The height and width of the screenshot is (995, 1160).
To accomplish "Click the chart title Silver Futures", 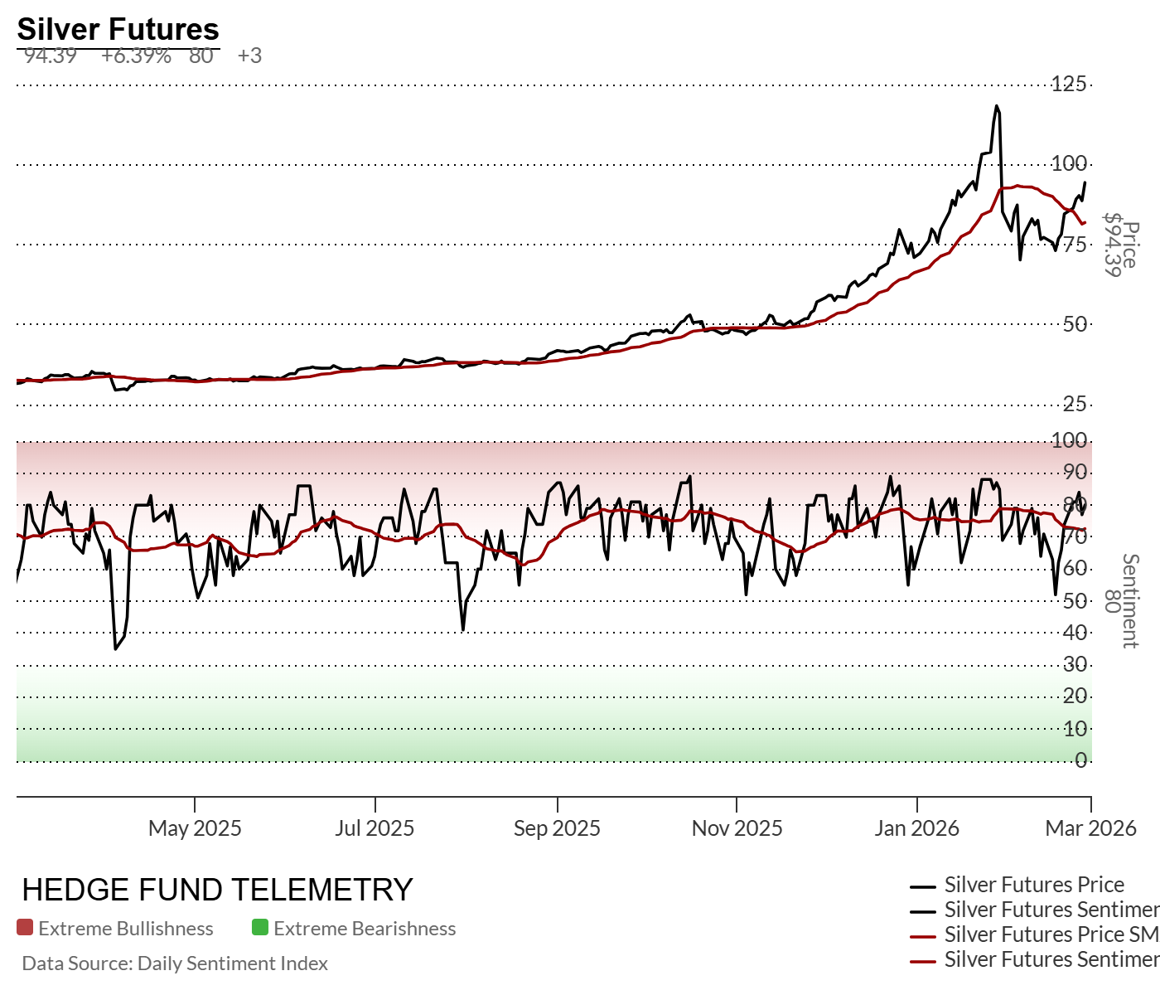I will (118, 29).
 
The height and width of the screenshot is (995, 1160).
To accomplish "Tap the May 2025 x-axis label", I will (195, 828).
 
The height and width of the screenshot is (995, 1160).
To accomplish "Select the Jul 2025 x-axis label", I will (375, 828).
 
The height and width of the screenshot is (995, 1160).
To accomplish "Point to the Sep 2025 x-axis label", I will (557, 828).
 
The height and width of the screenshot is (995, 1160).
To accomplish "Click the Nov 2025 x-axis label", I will (737, 828).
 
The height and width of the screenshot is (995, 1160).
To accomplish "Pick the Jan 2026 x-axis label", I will (916, 828).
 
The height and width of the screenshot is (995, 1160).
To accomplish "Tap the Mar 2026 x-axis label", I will (1090, 828).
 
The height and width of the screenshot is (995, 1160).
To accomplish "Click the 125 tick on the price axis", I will (1069, 84).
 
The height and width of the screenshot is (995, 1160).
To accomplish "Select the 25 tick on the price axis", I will (1075, 404).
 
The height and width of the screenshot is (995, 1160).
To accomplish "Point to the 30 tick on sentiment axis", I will (1075, 664).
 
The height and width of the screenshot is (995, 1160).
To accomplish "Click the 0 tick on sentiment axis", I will (1080, 760).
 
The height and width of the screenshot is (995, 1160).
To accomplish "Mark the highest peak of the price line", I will (997, 106).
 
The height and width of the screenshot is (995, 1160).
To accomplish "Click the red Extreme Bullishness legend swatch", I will (25, 928).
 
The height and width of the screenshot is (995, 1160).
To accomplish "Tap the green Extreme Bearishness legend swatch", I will (260, 928).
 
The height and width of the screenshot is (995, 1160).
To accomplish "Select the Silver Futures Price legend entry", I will (1034, 885).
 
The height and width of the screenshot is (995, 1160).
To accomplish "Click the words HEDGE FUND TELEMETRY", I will (217, 890).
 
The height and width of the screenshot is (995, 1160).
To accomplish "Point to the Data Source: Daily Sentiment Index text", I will (175, 963).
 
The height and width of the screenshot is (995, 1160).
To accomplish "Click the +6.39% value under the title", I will (136, 56).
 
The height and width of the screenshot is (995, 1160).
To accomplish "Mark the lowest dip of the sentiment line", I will (115, 648).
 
